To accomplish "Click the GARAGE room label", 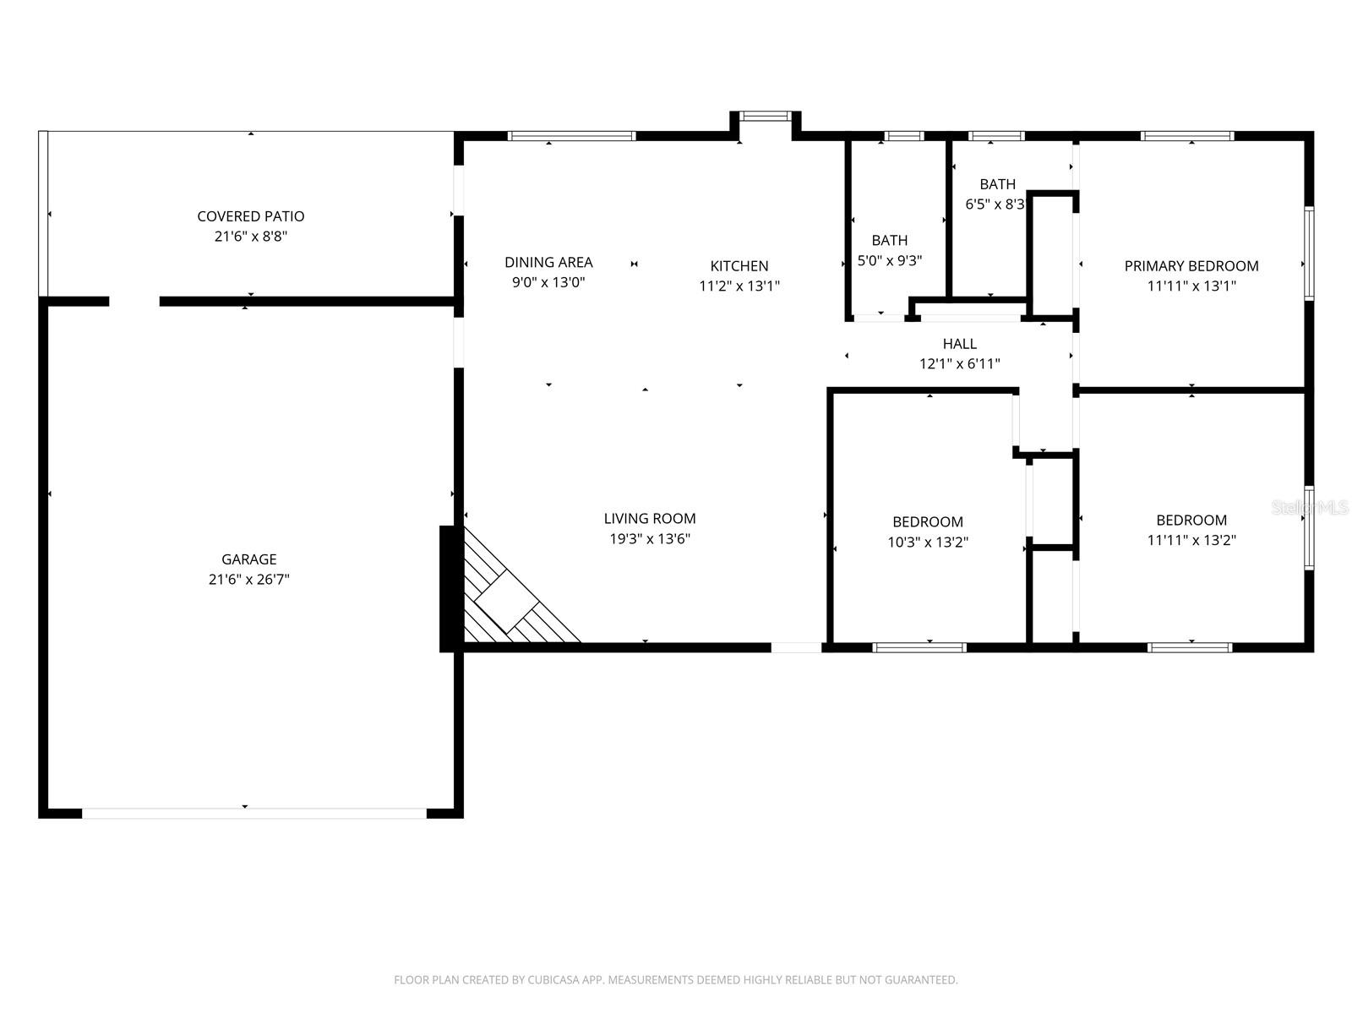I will click(248, 559).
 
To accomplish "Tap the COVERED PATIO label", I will click(250, 216).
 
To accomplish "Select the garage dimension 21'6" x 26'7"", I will click(248, 580).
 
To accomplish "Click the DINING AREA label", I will click(548, 262).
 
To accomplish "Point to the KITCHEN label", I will click(739, 265).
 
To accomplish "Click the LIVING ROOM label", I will click(649, 518).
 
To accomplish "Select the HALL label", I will click(959, 344).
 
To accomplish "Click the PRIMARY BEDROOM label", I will click(1191, 265).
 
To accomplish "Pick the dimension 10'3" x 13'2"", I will click(927, 542).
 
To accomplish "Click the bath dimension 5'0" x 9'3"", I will click(889, 261).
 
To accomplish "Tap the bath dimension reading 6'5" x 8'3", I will click(995, 204).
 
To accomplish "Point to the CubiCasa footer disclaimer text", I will click(675, 980).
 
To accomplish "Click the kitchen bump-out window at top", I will click(766, 116).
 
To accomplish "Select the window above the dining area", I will click(571, 135).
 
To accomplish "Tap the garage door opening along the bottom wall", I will click(253, 813).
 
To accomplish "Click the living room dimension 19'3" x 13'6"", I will click(649, 539).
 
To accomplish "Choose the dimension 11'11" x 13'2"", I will click(1191, 541).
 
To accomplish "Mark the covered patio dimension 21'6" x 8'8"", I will click(250, 237).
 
